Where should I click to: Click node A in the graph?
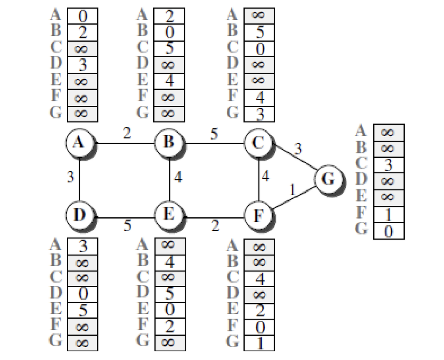[79, 143]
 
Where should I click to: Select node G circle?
[328, 179]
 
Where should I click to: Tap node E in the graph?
[169, 215]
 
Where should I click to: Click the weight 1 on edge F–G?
[293, 189]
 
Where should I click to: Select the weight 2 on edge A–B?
[127, 133]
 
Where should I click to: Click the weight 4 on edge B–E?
[178, 177]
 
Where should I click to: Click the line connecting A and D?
[79, 179]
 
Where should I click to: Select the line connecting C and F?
[259, 179]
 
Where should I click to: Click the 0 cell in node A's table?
[82, 16]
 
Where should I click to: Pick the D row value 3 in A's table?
[82, 65]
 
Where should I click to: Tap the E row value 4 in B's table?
[169, 81]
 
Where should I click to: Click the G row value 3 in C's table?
[259, 114]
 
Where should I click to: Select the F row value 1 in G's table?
[389, 215]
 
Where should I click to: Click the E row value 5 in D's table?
[83, 310]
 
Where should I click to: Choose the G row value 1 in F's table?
[259, 343]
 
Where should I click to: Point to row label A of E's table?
[142, 244]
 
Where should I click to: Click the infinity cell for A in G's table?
[389, 133]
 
